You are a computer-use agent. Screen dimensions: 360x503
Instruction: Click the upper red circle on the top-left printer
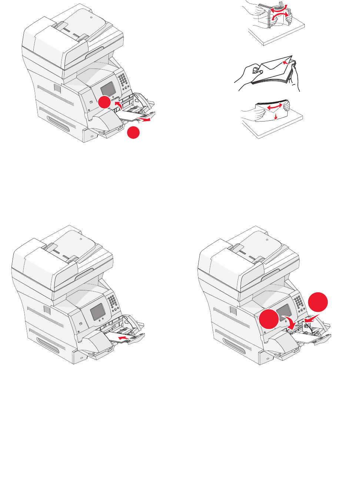pos(104,102)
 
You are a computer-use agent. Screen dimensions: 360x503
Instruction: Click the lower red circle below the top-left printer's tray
pos(133,132)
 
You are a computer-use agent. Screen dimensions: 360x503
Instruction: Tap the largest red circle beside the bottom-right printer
pos(318,302)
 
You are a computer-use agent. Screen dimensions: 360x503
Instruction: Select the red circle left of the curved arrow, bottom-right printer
pos(269,319)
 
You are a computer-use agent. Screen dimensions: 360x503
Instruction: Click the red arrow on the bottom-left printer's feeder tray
pos(124,338)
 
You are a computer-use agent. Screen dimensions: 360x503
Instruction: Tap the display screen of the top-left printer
pos(108,89)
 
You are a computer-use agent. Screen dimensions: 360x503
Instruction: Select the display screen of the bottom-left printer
pos(97,312)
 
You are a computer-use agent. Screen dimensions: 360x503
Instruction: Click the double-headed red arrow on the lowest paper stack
pos(274,107)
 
